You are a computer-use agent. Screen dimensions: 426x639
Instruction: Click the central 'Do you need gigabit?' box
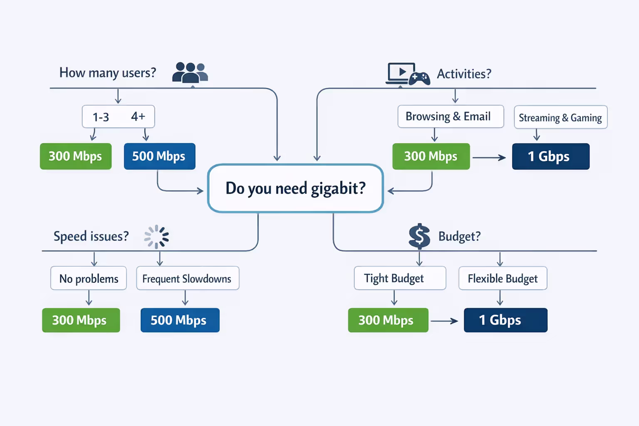(x=295, y=188)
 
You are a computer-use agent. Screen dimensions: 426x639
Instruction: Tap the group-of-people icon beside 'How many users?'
(x=190, y=72)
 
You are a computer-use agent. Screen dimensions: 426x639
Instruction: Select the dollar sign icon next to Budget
(x=419, y=236)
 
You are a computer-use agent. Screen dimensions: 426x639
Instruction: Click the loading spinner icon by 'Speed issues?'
(x=156, y=236)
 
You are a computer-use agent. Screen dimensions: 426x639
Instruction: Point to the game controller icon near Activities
(x=419, y=78)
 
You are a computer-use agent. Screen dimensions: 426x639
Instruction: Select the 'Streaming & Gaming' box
(x=560, y=118)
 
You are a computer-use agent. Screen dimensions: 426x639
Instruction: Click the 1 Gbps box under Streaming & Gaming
(x=550, y=156)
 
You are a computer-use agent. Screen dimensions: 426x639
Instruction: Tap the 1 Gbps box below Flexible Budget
(x=505, y=320)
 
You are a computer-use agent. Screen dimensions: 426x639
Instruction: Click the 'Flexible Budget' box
(x=503, y=278)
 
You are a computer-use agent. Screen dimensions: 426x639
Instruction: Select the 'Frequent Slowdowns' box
(x=188, y=278)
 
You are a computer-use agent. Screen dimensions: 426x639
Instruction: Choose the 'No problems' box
(x=89, y=278)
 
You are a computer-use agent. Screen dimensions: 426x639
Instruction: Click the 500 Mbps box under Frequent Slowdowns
(x=180, y=320)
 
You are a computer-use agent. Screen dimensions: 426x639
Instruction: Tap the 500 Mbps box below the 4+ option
(x=159, y=156)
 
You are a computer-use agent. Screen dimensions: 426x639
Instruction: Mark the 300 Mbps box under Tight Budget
(x=388, y=320)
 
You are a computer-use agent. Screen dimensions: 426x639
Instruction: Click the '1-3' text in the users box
(x=101, y=117)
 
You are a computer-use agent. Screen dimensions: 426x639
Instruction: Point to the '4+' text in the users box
(x=138, y=116)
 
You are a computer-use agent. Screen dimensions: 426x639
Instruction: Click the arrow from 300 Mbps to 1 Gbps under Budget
(x=444, y=321)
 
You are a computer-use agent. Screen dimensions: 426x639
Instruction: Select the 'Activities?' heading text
(x=464, y=74)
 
